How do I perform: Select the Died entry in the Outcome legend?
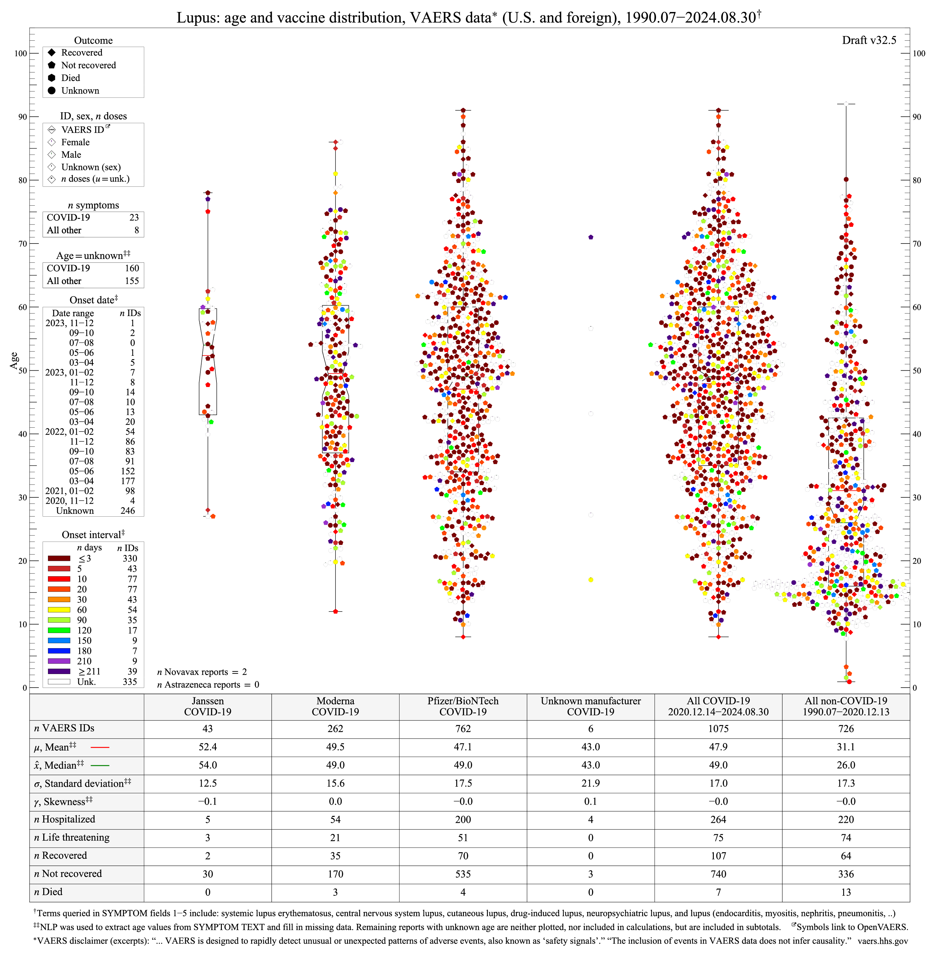tap(70, 78)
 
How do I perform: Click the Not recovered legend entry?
tap(88, 65)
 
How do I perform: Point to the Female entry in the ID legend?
tap(75, 142)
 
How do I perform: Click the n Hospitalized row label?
tap(65, 819)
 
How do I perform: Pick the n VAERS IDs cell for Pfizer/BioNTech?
tap(463, 729)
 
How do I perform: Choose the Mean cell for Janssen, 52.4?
tap(208, 747)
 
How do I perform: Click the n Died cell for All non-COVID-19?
tap(846, 892)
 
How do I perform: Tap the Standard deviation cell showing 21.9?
tap(590, 783)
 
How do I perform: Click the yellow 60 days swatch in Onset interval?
tap(59, 609)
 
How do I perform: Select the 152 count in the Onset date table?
tap(128, 471)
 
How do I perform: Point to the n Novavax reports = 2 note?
tap(202, 672)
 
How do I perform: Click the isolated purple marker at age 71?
tap(591, 238)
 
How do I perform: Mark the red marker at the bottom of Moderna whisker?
tap(335, 612)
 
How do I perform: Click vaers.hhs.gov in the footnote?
tap(882, 941)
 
